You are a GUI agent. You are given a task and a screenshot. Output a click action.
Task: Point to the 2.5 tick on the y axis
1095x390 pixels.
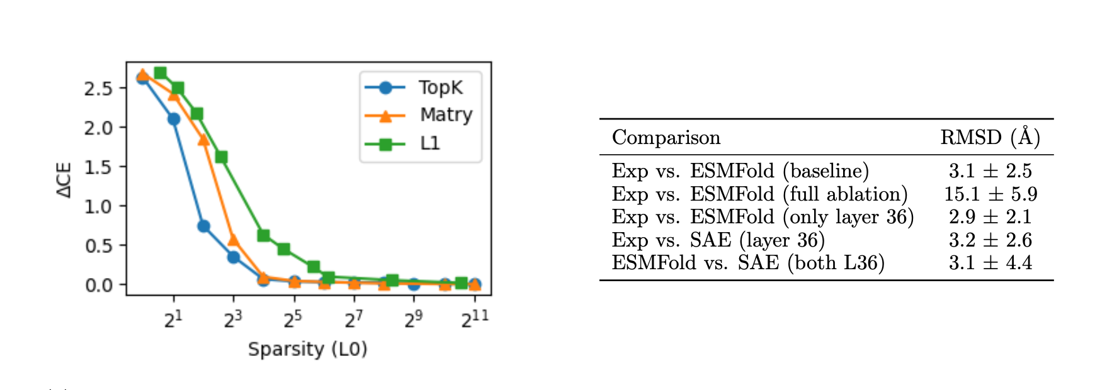[98, 89]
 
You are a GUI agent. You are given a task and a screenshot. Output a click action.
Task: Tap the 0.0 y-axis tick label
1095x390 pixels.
[98, 286]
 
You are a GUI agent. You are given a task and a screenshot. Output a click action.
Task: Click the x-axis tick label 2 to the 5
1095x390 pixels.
[293, 320]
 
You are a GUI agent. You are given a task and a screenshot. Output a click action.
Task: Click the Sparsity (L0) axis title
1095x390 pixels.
[307, 349]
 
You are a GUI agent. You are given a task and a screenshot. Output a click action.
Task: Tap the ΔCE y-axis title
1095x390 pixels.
[64, 181]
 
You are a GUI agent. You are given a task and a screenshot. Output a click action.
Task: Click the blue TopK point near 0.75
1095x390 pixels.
[203, 226]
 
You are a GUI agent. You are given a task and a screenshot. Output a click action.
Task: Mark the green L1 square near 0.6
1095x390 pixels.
[264, 235]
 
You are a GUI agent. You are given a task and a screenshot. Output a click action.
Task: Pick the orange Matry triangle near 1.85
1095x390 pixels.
[203, 140]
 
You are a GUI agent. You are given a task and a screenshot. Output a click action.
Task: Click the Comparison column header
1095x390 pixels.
[666, 138]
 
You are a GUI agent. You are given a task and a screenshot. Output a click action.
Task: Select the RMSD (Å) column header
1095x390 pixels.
[990, 137]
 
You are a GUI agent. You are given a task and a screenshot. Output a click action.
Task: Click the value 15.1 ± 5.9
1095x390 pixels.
[990, 194]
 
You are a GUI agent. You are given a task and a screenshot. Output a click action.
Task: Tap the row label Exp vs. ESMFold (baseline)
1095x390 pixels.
[740, 171]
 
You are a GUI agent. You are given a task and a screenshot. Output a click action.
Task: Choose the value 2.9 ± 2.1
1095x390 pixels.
[990, 217]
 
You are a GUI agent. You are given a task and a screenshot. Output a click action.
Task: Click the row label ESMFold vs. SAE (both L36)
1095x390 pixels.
[747, 263]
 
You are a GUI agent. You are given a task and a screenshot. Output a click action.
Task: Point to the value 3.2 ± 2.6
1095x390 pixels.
[990, 240]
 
